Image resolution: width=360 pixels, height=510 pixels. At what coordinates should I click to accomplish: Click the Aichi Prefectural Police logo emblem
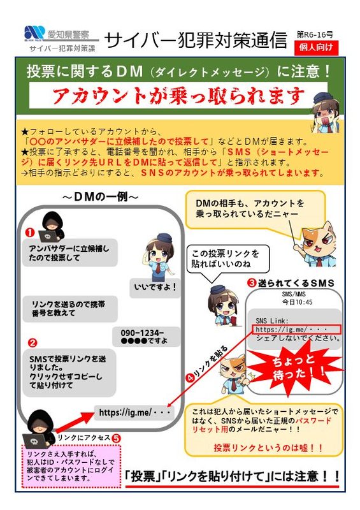[34, 33]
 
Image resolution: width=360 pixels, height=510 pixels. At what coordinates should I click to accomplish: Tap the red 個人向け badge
[316, 48]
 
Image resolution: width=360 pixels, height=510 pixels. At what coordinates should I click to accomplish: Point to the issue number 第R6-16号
[315, 34]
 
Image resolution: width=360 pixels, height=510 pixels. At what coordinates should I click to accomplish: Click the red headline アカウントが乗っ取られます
[178, 95]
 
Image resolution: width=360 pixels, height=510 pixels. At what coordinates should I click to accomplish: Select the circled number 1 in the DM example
[30, 233]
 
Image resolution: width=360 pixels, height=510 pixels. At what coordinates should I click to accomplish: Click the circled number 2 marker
[32, 343]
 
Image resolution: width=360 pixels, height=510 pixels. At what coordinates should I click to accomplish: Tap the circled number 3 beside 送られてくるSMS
[252, 283]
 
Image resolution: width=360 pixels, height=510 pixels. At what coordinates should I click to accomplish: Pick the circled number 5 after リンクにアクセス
[116, 438]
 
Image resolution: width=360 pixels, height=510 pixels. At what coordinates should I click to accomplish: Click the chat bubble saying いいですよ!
[155, 288]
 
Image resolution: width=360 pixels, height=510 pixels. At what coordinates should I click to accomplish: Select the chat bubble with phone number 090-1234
[146, 337]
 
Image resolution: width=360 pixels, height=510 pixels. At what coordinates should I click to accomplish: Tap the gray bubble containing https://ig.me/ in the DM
[134, 412]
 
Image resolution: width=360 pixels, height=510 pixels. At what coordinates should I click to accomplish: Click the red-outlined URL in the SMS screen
[296, 330]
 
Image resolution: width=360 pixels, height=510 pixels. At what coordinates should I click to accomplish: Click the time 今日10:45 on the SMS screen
[294, 302]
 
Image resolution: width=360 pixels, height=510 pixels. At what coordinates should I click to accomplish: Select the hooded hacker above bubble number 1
[52, 226]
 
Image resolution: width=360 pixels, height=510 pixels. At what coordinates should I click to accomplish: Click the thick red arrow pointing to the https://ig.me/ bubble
[73, 423]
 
